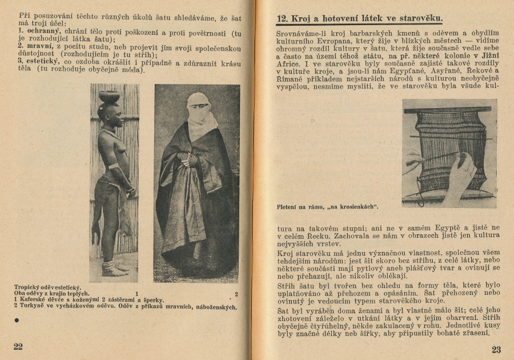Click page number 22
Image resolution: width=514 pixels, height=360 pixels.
click(x=18, y=347)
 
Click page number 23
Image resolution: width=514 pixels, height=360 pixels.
click(x=496, y=349)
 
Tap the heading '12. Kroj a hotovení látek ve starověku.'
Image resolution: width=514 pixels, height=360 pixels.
click(x=359, y=19)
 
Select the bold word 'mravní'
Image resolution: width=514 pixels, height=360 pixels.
click(x=36, y=45)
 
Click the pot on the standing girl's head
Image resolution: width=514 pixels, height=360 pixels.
click(x=109, y=96)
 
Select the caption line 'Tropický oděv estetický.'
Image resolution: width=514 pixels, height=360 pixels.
click(x=47, y=287)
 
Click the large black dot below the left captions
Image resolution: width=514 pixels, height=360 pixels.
click(x=17, y=320)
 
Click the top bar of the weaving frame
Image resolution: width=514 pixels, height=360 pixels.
click(x=448, y=109)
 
